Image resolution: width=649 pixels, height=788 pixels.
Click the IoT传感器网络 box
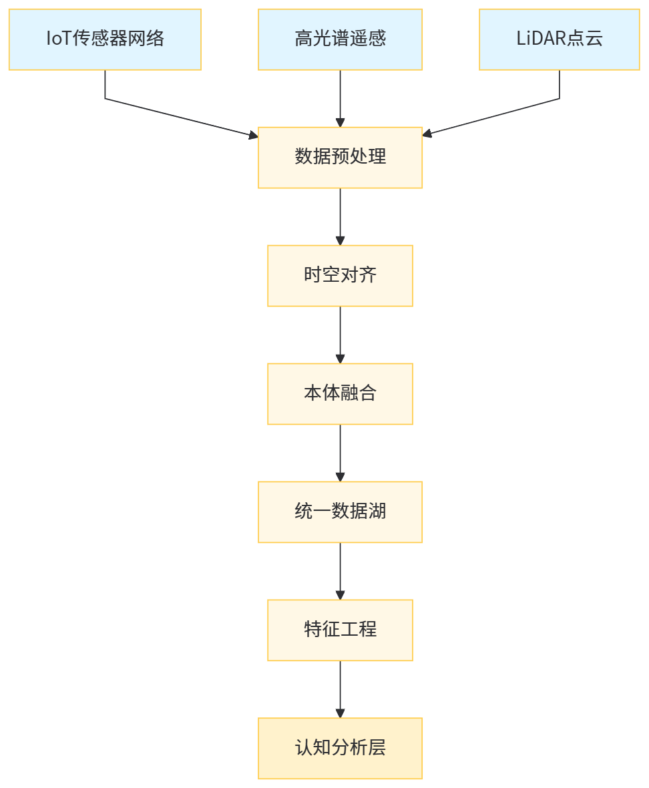[105, 39]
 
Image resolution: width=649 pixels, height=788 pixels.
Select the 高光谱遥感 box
[341, 39]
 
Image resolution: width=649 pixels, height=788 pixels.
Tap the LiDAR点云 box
[560, 39]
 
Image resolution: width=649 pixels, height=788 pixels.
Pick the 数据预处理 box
[341, 158]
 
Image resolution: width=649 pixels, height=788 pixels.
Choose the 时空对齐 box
[341, 276]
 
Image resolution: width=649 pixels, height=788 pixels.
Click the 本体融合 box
[341, 394]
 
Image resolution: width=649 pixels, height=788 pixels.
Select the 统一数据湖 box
[341, 512]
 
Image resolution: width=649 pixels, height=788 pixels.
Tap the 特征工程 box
[341, 630]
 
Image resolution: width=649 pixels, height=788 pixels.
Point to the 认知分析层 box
[341, 749]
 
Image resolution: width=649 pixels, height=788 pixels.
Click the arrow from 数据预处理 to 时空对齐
[341, 216]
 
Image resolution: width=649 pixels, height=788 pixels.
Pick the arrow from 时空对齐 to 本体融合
[341, 335]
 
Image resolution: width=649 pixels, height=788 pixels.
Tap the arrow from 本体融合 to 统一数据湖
[341, 453]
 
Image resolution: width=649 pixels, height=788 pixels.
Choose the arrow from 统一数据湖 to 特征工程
[341, 571]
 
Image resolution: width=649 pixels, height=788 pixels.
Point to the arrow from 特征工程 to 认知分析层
[341, 689]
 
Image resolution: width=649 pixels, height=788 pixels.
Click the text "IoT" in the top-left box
[58, 39]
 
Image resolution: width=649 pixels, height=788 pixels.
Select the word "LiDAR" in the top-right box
[541, 39]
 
